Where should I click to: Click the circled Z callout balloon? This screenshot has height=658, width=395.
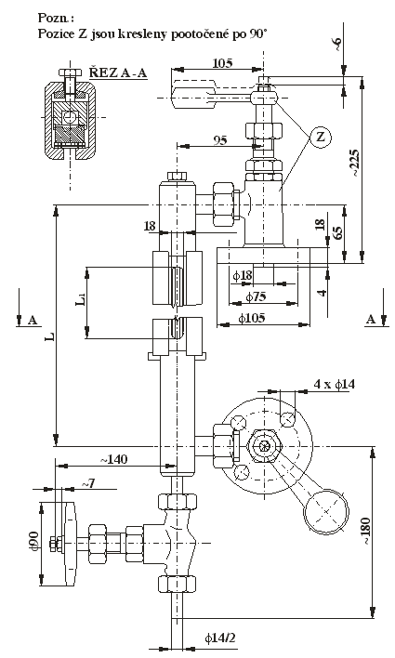[321, 138]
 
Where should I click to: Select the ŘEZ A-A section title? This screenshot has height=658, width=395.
[118, 73]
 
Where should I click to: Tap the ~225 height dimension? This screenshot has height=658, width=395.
[354, 163]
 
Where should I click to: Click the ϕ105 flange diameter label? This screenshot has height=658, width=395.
[252, 318]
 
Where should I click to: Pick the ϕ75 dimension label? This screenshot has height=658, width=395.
[256, 297]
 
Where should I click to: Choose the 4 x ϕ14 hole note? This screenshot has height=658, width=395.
[335, 384]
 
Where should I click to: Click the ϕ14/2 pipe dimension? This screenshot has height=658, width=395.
[220, 638]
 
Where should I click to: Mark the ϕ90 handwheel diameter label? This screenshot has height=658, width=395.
[34, 542]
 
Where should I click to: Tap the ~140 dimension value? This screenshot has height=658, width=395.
[113, 459]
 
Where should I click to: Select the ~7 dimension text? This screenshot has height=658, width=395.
[87, 483]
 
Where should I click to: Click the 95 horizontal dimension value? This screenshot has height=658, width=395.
[220, 140]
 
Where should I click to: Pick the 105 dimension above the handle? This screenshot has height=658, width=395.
[222, 63]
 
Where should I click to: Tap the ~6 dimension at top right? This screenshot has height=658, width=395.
[337, 43]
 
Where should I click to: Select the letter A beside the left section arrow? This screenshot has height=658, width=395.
[33, 321]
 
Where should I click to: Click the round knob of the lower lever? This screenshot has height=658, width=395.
[326, 511]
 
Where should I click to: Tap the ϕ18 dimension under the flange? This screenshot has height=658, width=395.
[243, 276]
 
